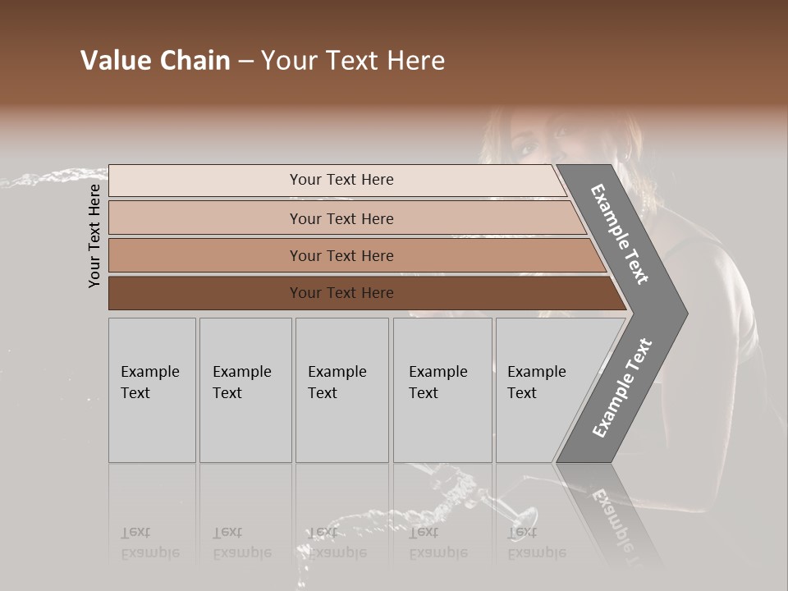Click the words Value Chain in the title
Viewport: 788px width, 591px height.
pos(155,61)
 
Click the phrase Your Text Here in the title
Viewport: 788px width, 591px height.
pos(353,61)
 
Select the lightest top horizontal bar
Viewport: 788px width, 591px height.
pos(341,180)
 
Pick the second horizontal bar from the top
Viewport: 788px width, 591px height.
pos(341,218)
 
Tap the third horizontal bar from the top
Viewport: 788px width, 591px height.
pos(341,255)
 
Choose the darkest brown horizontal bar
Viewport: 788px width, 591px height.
pos(341,293)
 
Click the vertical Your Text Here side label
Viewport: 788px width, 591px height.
pos(94,236)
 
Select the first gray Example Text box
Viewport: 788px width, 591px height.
pos(152,389)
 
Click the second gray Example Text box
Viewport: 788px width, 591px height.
pos(245,389)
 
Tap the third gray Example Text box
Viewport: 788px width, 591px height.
pos(341,389)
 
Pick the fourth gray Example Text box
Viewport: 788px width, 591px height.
pos(442,389)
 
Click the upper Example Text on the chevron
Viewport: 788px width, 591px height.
pos(620,234)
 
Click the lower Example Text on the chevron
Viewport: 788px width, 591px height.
pos(621,387)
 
